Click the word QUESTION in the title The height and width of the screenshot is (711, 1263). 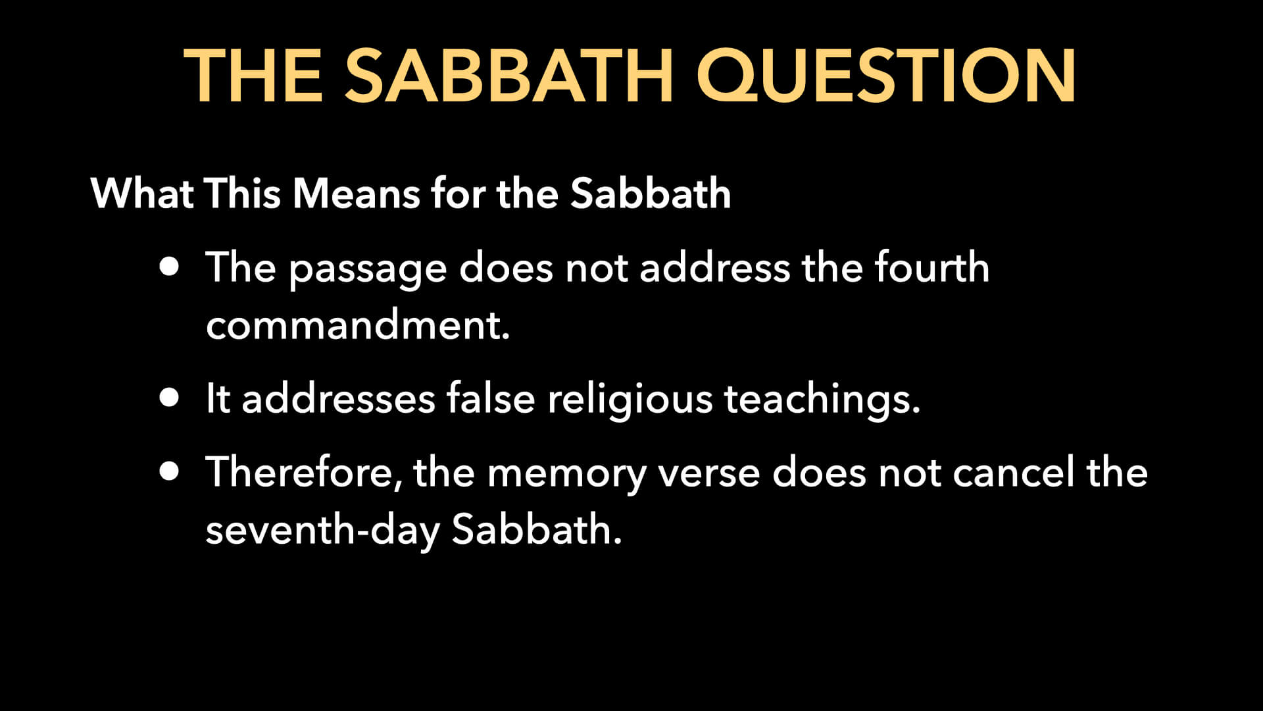(x=885, y=77)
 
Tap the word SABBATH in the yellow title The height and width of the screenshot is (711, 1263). (x=508, y=77)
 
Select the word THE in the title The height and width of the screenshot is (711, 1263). (x=253, y=77)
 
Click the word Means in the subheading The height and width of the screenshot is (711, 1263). (x=356, y=194)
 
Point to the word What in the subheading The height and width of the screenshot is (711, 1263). (x=141, y=194)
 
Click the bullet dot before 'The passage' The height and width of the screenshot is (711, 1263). (x=169, y=267)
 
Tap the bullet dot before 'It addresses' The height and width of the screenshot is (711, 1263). (x=169, y=398)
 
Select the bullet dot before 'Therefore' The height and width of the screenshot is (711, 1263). (x=169, y=471)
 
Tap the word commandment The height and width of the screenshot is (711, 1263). (x=357, y=325)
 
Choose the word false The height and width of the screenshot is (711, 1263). (x=490, y=398)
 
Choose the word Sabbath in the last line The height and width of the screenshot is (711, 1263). (x=535, y=529)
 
